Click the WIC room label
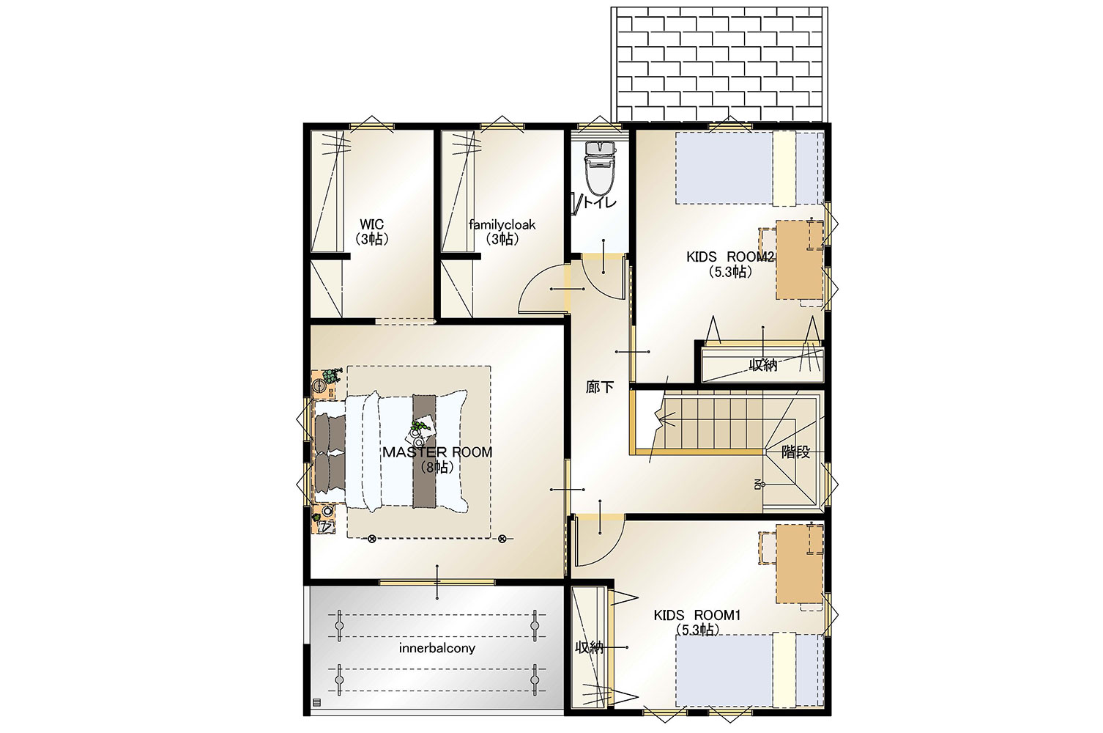[x=372, y=224]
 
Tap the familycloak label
[x=502, y=225]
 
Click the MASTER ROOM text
[x=437, y=452]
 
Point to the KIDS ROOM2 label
[x=730, y=257]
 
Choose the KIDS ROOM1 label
[x=697, y=615]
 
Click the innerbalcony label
[x=437, y=648]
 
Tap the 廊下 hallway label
[x=600, y=387]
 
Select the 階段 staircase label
[x=795, y=452]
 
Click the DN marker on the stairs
[x=757, y=484]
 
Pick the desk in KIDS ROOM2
[x=800, y=259]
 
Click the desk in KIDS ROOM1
[x=800, y=564]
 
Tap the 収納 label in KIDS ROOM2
[x=762, y=365]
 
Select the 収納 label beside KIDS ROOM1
[x=589, y=647]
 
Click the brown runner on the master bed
[x=424, y=451]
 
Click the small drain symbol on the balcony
[x=316, y=702]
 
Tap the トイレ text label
[x=600, y=202]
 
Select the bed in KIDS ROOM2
[x=749, y=168]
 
